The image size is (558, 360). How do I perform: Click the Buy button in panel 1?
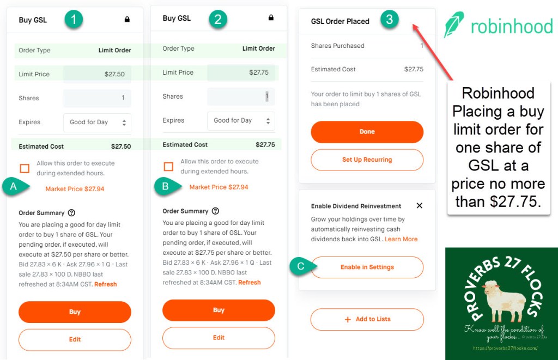tap(75, 312)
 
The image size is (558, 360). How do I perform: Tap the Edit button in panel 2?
tap(219, 338)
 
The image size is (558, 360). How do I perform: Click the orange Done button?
tap(367, 132)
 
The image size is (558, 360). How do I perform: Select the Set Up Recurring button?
tap(367, 160)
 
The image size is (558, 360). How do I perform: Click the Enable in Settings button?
tap(367, 267)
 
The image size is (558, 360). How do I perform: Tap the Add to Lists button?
tap(367, 319)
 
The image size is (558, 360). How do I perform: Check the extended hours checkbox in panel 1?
tap(25, 168)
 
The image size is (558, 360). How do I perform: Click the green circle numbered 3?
tap(389, 19)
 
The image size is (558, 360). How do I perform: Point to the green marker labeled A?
tap(15, 186)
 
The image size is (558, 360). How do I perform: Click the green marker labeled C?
tap(302, 266)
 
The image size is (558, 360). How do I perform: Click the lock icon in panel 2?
tap(271, 17)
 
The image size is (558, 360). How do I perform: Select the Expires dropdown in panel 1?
tap(97, 123)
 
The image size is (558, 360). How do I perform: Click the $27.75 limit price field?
tap(241, 72)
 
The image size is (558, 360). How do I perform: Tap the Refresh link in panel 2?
tap(250, 283)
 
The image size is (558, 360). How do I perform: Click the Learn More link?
tap(401, 239)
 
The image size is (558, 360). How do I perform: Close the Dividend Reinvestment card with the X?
tap(420, 206)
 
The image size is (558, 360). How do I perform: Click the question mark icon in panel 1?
tap(71, 213)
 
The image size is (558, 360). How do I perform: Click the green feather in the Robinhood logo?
tap(454, 24)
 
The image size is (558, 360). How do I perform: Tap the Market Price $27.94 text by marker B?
tap(219, 187)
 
